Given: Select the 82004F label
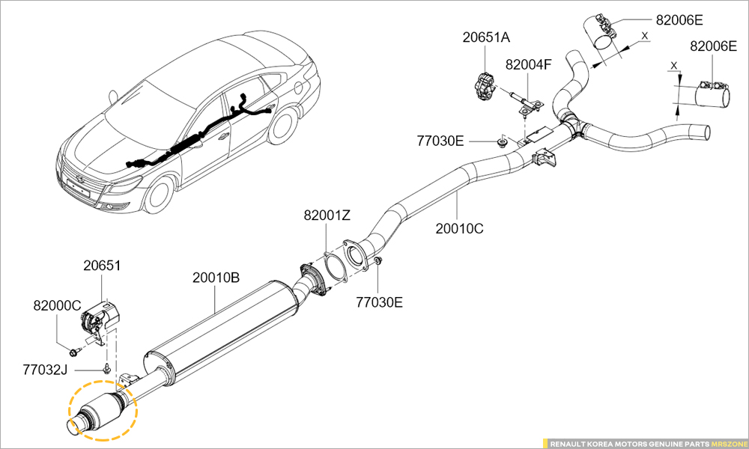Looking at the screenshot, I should (x=528, y=64).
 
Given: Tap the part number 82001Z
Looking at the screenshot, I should (x=327, y=216).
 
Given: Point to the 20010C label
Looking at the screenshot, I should (x=459, y=228).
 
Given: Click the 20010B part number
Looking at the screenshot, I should (x=216, y=278).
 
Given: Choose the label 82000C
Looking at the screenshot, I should (x=56, y=305).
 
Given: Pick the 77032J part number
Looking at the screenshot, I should (x=45, y=369).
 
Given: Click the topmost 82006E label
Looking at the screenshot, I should (x=679, y=20).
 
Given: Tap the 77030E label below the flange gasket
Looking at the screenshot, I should (x=379, y=302).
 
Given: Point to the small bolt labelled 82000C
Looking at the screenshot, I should (x=73, y=351).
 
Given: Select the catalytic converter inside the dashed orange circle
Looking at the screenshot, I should (x=101, y=409).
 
